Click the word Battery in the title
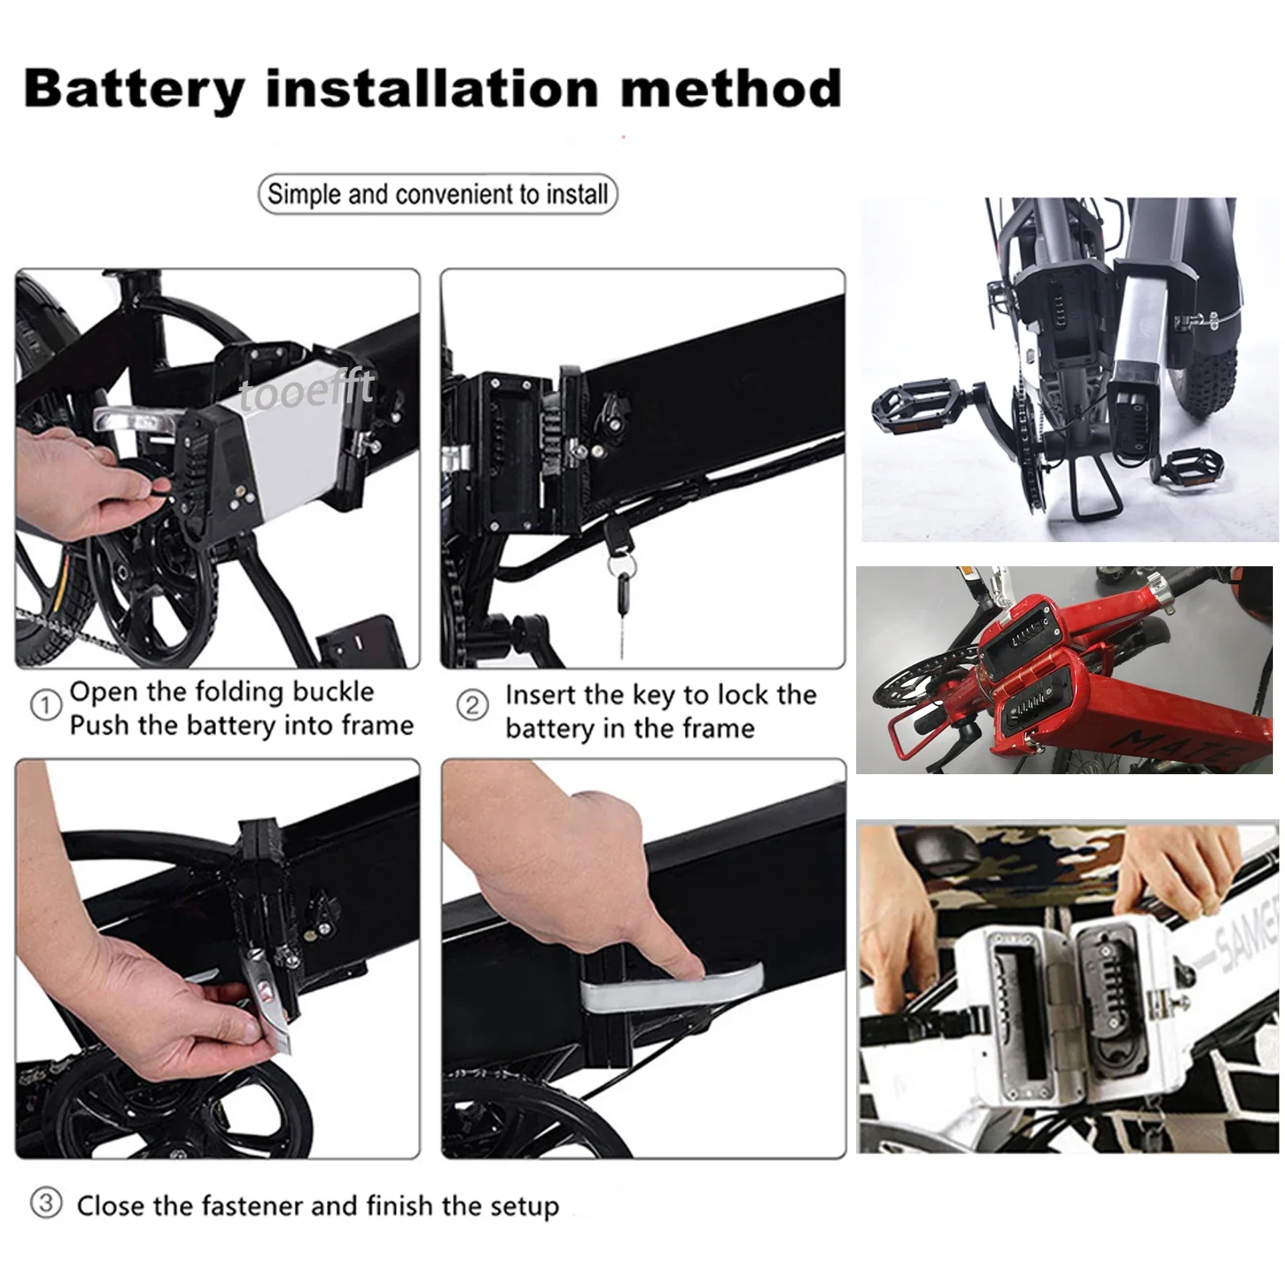(x=134, y=88)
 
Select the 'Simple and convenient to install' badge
(x=438, y=194)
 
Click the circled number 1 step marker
(x=45, y=706)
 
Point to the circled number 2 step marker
(x=471, y=705)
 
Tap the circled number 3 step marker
(x=45, y=1203)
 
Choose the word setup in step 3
(x=519, y=1207)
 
